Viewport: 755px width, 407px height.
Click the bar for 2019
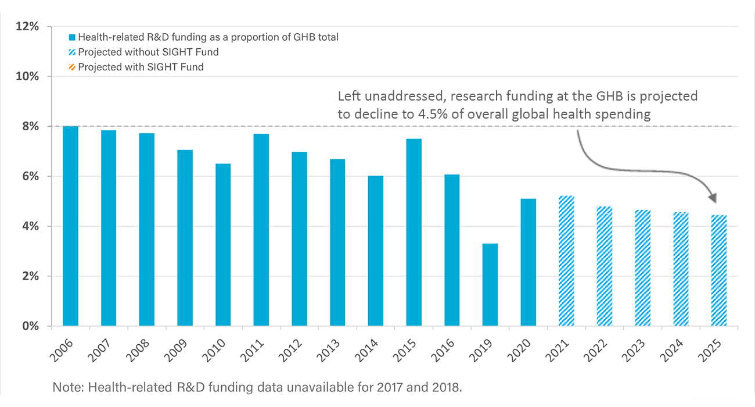(x=490, y=284)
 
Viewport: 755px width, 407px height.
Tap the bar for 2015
(x=414, y=232)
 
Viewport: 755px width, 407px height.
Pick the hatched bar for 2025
(x=719, y=270)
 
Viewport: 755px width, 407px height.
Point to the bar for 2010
(x=223, y=244)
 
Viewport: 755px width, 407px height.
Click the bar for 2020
(x=528, y=262)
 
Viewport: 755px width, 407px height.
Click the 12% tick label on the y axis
(x=28, y=27)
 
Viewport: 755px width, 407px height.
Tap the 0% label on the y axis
(x=30, y=326)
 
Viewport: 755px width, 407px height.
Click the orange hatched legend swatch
(x=73, y=67)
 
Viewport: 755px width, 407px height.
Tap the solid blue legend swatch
(x=73, y=37)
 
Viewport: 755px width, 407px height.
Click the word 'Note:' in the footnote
(x=66, y=387)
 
